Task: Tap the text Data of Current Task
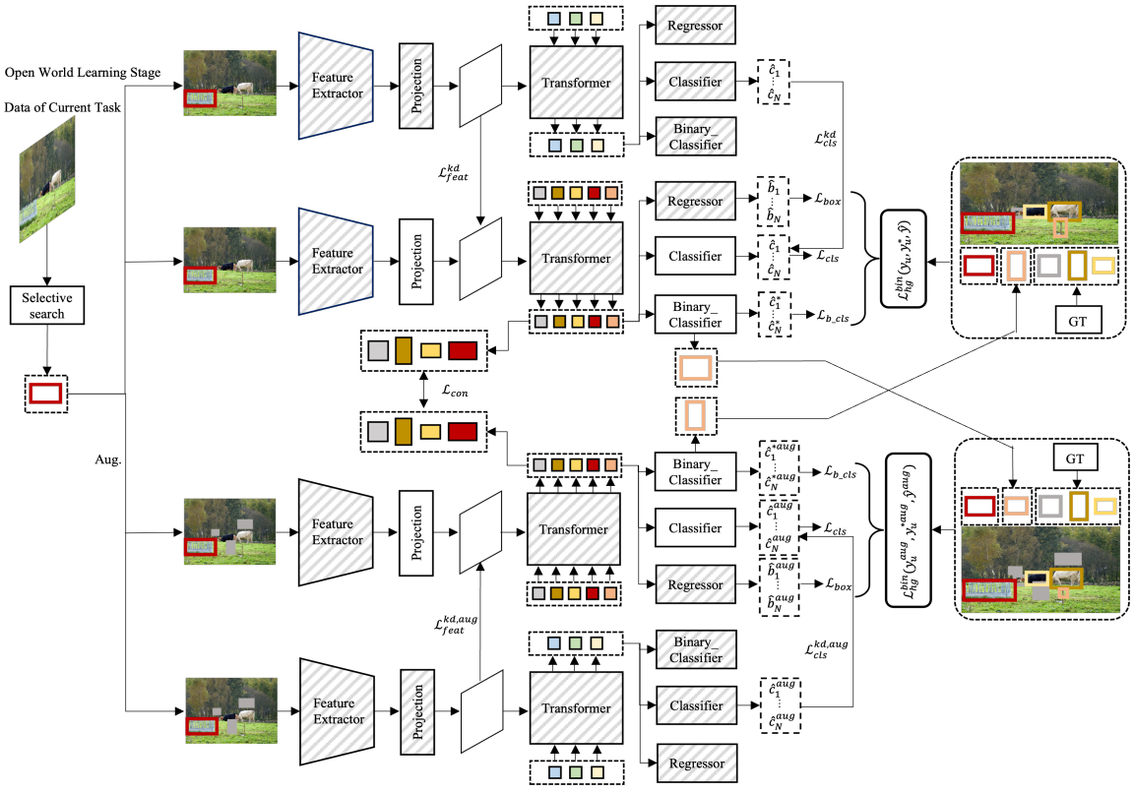click(x=62, y=108)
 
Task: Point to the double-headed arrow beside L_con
click(x=423, y=392)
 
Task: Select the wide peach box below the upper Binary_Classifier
click(x=695, y=368)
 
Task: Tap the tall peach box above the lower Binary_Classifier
click(x=695, y=414)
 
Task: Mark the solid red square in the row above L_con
click(x=462, y=350)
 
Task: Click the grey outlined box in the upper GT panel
click(x=1046, y=266)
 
